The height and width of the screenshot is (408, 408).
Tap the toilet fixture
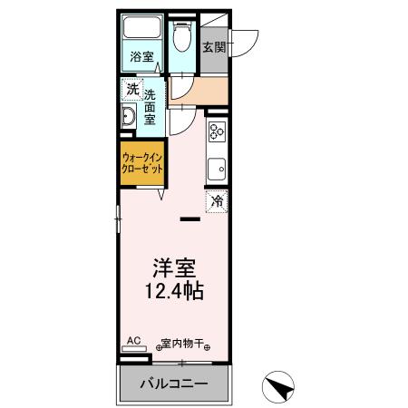click(x=180, y=38)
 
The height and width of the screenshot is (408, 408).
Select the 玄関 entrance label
click(x=213, y=47)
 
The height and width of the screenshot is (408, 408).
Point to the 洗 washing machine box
click(x=131, y=90)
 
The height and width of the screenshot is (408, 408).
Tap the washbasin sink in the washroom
click(x=129, y=115)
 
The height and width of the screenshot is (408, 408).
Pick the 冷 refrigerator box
click(x=216, y=201)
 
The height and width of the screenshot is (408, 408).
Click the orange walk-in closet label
click(x=141, y=163)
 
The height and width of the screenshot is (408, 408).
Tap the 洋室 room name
click(x=175, y=268)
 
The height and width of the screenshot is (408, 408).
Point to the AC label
click(x=133, y=341)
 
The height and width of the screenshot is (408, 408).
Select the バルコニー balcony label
click(x=173, y=384)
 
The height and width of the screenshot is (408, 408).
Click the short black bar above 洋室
click(x=189, y=219)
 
